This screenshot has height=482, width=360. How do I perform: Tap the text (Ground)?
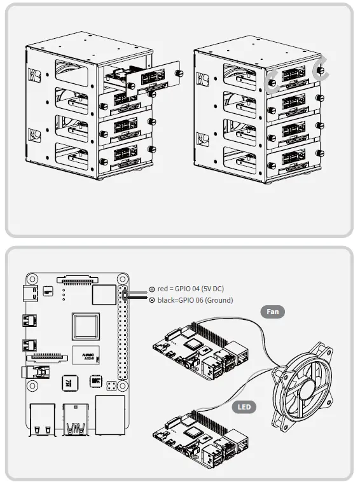[x=218, y=300]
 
